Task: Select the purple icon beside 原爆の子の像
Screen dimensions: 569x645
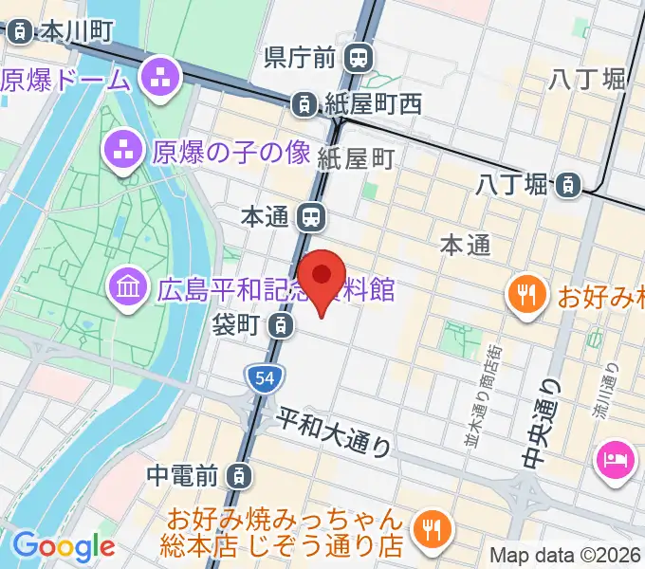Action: point(120,148)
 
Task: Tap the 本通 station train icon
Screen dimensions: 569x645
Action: point(310,217)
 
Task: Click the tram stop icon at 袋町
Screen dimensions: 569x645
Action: point(279,325)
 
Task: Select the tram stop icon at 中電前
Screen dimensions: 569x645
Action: point(242,472)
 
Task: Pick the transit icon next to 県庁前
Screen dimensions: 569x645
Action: point(358,59)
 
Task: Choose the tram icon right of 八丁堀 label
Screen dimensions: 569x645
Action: point(567,184)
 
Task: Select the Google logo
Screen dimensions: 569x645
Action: point(64,545)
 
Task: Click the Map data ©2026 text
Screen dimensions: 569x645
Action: point(565,555)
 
